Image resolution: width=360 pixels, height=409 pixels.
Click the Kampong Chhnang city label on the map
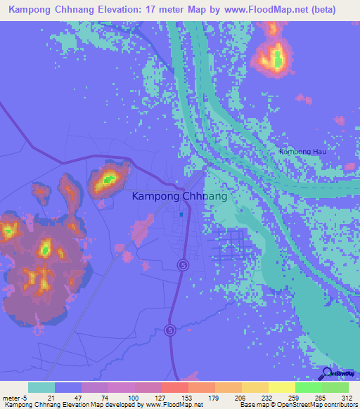point(179,197)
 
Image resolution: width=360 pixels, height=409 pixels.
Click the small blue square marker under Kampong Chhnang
point(181,214)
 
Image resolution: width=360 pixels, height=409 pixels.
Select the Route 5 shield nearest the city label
point(182,264)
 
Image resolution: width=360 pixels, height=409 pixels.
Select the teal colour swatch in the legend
point(41,388)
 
